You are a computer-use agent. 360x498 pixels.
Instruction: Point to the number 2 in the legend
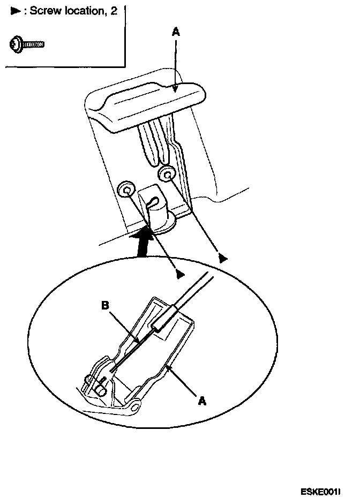coord(113,11)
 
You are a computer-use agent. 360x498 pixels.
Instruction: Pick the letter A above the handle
coord(176,33)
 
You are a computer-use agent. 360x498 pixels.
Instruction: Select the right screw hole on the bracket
coord(167,173)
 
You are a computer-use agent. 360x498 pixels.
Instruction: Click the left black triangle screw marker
coord(181,274)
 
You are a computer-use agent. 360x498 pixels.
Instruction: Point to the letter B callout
coord(105,306)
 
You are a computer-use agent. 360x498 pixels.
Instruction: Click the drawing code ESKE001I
coord(321,490)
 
